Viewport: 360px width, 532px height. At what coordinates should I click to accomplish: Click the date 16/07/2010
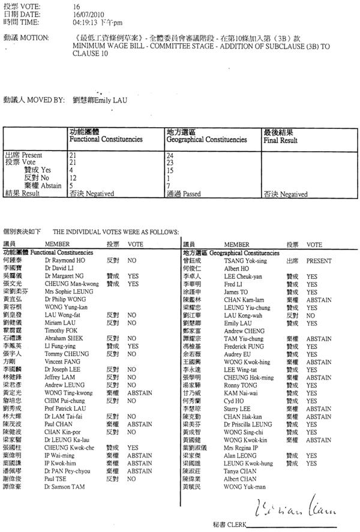[x=85, y=13]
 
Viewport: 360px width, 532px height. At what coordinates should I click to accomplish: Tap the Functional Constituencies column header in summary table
[x=106, y=139]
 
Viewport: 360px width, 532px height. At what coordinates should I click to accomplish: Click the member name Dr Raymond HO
[x=62, y=261]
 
